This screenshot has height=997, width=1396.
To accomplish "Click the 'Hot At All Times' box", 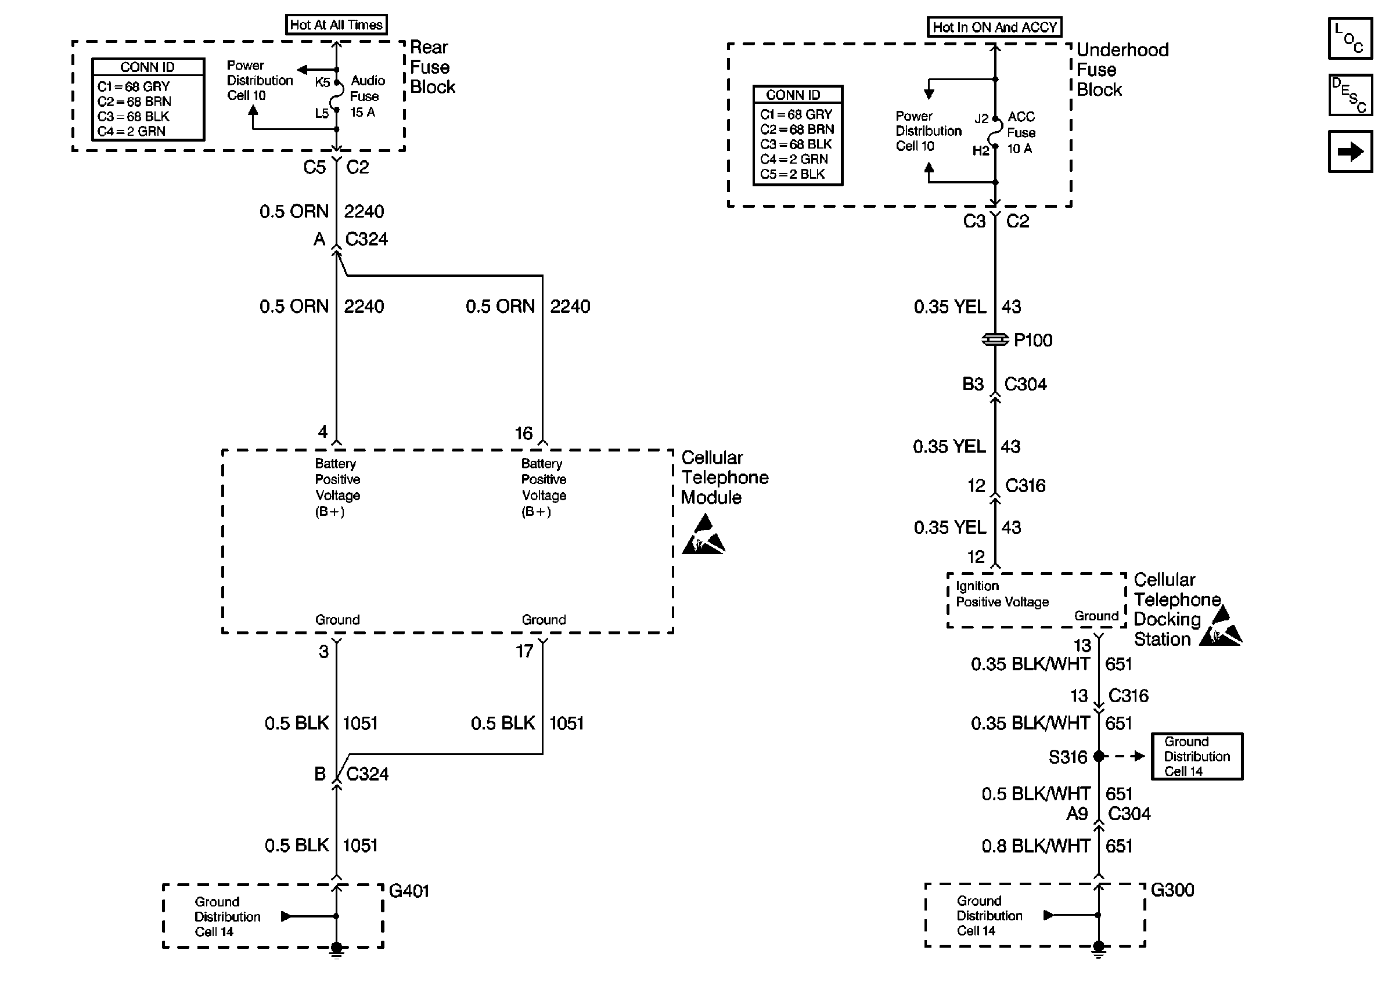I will pyautogui.click(x=336, y=25).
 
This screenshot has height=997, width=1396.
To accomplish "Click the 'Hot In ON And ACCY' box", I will pyautogui.click(x=994, y=27).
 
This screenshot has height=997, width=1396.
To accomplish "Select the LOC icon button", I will pyautogui.click(x=1350, y=38).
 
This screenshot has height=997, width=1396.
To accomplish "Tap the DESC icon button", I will pyautogui.click(x=1350, y=95).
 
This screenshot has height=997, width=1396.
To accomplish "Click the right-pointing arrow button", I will pyautogui.click(x=1350, y=151).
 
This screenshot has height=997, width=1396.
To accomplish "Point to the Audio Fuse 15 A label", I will pyautogui.click(x=366, y=96).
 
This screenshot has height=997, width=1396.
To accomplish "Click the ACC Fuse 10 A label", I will pyautogui.click(x=1021, y=133).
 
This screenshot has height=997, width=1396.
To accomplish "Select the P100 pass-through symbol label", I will pyautogui.click(x=1032, y=340).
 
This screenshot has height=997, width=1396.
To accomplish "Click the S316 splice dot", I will pyautogui.click(x=1098, y=756).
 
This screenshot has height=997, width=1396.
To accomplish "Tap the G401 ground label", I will pyautogui.click(x=409, y=891).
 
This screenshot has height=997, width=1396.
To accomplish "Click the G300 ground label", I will pyautogui.click(x=1172, y=890).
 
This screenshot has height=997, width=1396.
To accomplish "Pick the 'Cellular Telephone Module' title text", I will pyautogui.click(x=724, y=478).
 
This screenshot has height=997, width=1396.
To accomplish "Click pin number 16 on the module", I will pyautogui.click(x=523, y=434).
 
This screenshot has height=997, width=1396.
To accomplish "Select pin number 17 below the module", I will pyautogui.click(x=524, y=651).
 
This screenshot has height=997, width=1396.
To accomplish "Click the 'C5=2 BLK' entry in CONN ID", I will pyautogui.click(x=792, y=174).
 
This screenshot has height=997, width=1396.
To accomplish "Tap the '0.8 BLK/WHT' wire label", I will pyautogui.click(x=1035, y=846).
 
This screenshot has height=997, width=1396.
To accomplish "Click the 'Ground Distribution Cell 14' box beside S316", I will pyautogui.click(x=1196, y=756).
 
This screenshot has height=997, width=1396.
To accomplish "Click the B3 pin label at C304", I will pyautogui.click(x=972, y=384).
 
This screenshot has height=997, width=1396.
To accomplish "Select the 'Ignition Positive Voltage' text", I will pyautogui.click(x=1002, y=594).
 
